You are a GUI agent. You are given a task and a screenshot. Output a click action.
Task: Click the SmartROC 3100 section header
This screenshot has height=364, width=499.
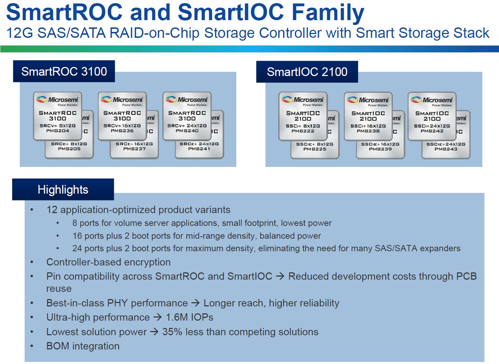pos(64,71)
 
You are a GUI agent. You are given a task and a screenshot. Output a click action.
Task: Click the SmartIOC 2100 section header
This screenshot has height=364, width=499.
pos(307,72)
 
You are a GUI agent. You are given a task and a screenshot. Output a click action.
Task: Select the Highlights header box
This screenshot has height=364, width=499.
pos(63,189)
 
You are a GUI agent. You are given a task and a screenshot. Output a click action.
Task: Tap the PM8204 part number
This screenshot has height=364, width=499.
pos(58,131)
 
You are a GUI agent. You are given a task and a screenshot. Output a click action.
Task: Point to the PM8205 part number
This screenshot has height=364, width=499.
pos(69,149)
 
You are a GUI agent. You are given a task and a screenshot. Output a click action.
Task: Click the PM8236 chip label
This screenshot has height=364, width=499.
pos(122,131)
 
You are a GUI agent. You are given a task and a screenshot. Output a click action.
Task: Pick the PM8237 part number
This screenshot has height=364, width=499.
pos(134,149)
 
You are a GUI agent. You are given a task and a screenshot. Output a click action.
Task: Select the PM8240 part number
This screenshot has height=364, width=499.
pos(187,131)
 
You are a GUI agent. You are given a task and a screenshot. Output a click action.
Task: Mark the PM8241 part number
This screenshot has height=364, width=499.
pos(199,149)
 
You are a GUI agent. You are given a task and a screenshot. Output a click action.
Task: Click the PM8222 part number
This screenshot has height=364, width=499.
pos(303,131)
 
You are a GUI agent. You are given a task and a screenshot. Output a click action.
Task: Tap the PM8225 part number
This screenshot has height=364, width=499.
pos(315,149)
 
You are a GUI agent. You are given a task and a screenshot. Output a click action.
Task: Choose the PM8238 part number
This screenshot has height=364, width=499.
pos(368,131)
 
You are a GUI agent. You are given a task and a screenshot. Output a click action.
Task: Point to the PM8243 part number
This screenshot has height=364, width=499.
pos(446,149)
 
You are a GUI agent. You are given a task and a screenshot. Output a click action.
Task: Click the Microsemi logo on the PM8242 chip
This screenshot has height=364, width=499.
pos(432,100)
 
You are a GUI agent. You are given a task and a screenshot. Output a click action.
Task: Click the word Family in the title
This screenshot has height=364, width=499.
pos(328,13)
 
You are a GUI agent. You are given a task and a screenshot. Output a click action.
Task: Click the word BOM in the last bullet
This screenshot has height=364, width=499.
pos(58,346)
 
